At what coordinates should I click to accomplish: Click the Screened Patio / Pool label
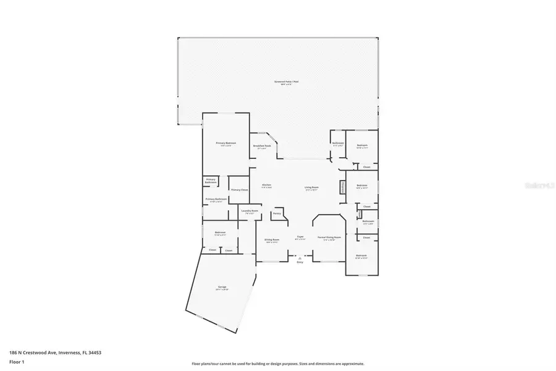pos(283,82)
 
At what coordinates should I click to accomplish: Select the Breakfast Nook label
pos(262,146)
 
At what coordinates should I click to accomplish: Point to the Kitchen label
pos(267,185)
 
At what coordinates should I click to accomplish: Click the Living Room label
pos(311,188)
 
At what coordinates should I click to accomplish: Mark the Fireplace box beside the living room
pos(342,187)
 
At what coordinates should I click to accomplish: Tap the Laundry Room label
pos(250,211)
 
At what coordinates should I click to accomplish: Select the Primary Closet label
pos(239,190)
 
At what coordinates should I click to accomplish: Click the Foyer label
pos(300,237)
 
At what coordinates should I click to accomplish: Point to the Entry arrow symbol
pos(300,258)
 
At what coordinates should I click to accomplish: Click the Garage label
pos(221,288)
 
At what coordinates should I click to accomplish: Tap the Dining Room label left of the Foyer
pos(272,240)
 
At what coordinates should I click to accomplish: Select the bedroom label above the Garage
pos(220,234)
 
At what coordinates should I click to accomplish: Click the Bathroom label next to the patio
pos(338,144)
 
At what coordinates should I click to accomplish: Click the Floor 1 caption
pos(16,361)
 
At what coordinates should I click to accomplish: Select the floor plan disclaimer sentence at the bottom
pos(278,364)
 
